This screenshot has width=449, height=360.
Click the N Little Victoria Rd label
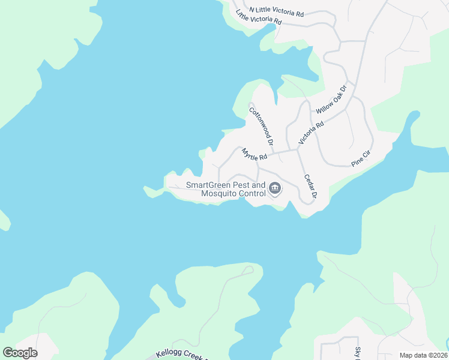(x=277, y=11)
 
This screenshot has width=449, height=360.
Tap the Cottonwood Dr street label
(x=261, y=126)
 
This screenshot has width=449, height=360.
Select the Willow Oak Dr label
(x=331, y=100)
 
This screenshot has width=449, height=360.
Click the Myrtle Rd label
(x=254, y=154)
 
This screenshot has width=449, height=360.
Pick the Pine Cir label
(x=362, y=158)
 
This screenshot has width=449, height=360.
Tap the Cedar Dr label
(x=310, y=186)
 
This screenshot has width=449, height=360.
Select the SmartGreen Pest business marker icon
(x=275, y=189)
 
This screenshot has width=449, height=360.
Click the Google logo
(x=20, y=353)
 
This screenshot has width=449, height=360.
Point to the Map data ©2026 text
(x=423, y=355)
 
